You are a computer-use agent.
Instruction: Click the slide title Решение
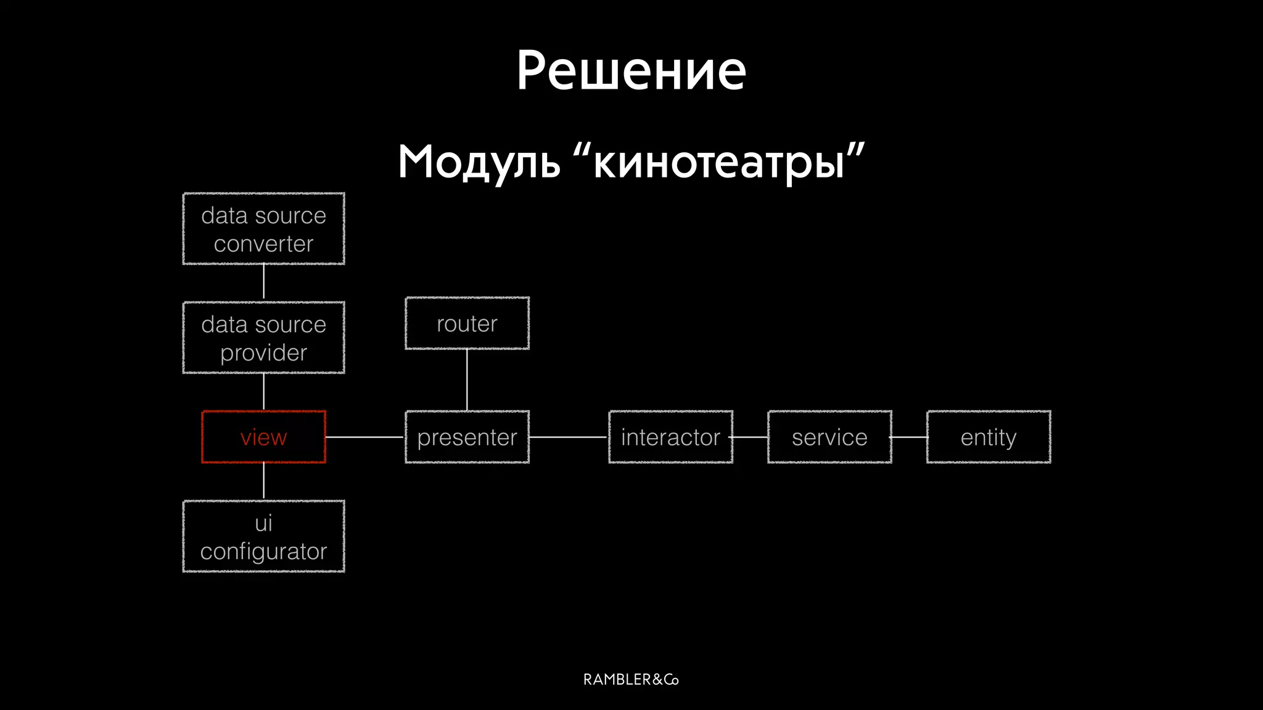click(x=631, y=71)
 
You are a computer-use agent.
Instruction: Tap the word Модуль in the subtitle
click(x=479, y=162)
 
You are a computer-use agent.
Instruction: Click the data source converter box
click(x=263, y=229)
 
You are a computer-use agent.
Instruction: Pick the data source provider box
click(x=263, y=338)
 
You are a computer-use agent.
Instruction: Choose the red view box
click(x=263, y=437)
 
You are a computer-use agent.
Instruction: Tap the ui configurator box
click(x=263, y=536)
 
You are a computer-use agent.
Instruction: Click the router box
click(x=467, y=324)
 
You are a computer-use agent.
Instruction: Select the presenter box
click(x=467, y=437)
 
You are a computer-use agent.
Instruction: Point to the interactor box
click(x=670, y=437)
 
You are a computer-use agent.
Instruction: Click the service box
click(x=829, y=437)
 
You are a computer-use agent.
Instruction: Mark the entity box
click(x=989, y=437)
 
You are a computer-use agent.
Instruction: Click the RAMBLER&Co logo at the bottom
click(x=631, y=679)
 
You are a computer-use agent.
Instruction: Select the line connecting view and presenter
click(x=365, y=437)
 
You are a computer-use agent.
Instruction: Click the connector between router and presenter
click(x=467, y=380)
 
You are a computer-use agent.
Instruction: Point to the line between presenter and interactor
click(x=569, y=437)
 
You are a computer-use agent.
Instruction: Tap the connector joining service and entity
click(x=909, y=437)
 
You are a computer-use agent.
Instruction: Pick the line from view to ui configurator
click(x=264, y=481)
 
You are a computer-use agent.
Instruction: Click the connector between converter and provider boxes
click(x=264, y=282)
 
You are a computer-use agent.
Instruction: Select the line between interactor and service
click(x=750, y=437)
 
